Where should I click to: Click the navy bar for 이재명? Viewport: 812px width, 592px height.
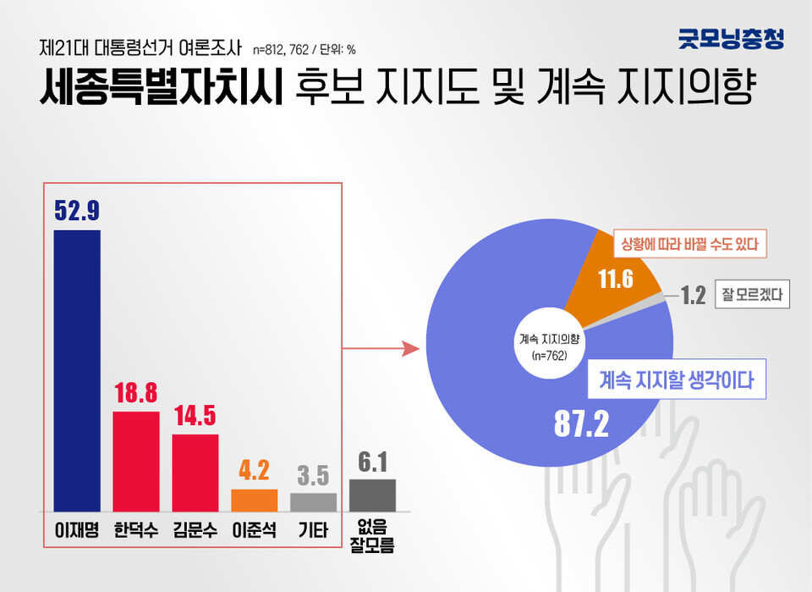pos(77,370)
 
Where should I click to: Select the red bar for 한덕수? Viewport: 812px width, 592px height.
pos(136,461)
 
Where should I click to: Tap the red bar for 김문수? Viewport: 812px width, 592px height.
pos(195,473)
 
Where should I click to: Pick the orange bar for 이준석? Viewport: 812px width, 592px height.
pos(254,500)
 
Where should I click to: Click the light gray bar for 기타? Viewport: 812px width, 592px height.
pos(313,501)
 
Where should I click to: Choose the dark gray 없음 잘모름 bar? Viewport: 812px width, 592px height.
pos(372,495)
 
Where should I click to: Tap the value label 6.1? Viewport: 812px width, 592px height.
pos(372,462)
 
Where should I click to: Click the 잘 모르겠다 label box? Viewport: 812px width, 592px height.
pos(752,296)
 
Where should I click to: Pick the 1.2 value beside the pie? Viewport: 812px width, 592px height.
pos(694,296)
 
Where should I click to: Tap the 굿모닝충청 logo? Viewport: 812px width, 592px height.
pos(731,38)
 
